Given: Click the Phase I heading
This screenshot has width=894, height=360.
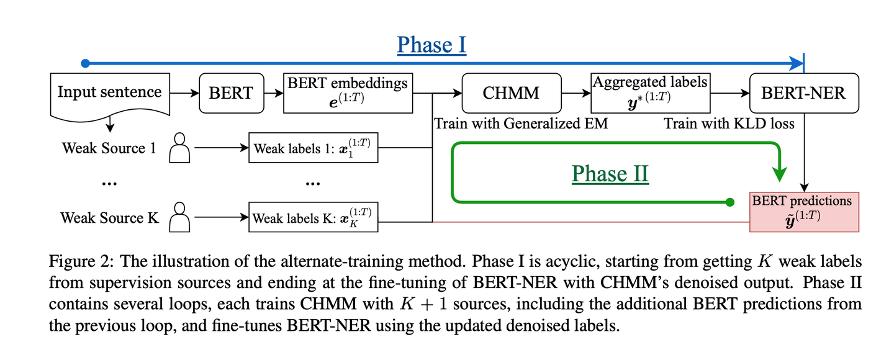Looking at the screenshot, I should [x=431, y=45].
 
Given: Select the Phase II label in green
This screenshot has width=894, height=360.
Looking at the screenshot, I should [x=610, y=174].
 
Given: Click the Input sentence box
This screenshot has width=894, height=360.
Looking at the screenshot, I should [x=110, y=93].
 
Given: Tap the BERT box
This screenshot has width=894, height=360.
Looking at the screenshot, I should [x=231, y=93].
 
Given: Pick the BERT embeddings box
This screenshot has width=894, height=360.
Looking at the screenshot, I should [x=348, y=93].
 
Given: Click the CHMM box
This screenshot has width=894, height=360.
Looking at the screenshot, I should [x=512, y=93].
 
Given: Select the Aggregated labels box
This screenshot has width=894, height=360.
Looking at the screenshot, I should [x=650, y=93].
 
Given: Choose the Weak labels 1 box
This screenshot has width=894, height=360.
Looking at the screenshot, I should [x=313, y=149].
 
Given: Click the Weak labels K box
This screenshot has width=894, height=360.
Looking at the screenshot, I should [x=313, y=217].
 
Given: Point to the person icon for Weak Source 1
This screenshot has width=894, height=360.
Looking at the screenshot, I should [x=179, y=149].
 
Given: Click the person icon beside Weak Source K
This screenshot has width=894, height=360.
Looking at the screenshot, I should [x=179, y=217].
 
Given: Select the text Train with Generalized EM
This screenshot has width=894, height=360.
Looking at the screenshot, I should [x=520, y=124].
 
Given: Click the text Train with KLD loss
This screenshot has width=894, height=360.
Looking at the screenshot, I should [x=729, y=124].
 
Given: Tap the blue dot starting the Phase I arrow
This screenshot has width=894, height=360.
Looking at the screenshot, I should [x=86, y=63].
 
